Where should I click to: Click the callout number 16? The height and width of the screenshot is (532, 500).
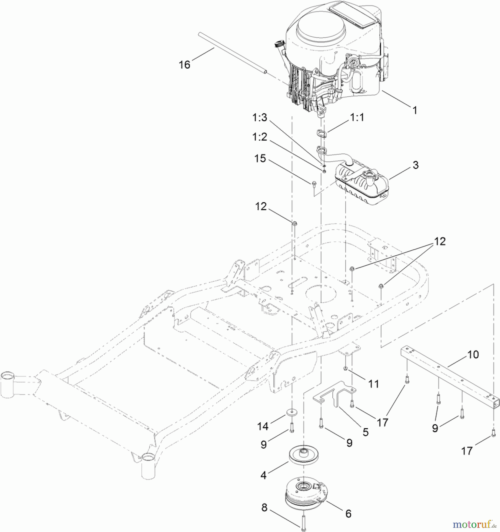pyautogui.click(x=184, y=65)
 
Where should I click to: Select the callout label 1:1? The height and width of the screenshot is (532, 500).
pyautogui.click(x=357, y=117)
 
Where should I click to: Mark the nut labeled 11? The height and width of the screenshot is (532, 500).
pyautogui.click(x=345, y=368)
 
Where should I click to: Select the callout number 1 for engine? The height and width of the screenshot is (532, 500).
pyautogui.click(x=415, y=110)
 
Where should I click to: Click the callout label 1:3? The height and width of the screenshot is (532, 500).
pyautogui.click(x=259, y=117)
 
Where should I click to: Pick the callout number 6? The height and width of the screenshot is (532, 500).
pyautogui.click(x=348, y=514)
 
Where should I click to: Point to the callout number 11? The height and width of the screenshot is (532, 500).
pyautogui.click(x=373, y=384)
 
